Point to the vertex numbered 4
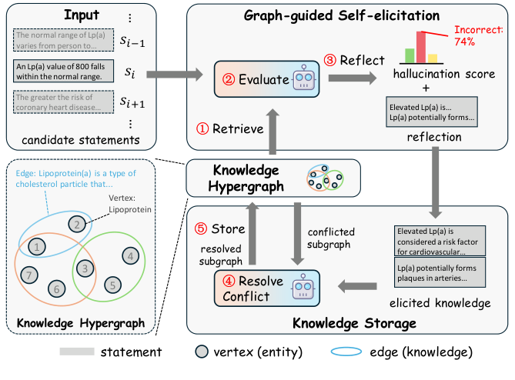coord(132,255)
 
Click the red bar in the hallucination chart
coord(421,45)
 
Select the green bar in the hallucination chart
coord(410,54)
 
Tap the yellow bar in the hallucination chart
coord(433,58)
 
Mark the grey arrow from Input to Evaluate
coord(177,75)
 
